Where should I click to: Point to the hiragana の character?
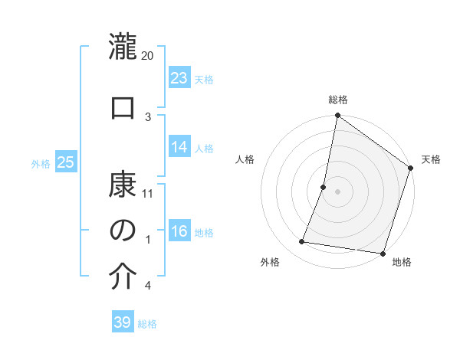(123, 231)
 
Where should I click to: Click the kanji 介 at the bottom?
(123, 277)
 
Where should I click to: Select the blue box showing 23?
(179, 77)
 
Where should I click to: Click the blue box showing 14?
(179, 147)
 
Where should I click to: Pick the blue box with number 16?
(179, 231)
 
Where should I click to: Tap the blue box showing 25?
(66, 162)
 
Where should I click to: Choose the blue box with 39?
(123, 322)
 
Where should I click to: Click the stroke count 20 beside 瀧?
(148, 56)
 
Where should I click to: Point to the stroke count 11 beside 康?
(148, 193)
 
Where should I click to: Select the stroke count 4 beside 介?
(148, 286)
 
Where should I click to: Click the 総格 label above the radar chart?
(338, 100)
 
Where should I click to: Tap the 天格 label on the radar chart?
(431, 159)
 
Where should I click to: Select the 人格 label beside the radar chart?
(245, 159)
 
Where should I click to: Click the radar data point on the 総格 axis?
(337, 116)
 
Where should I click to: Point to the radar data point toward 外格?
(302, 242)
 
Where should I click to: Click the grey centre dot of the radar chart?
(337, 191)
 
